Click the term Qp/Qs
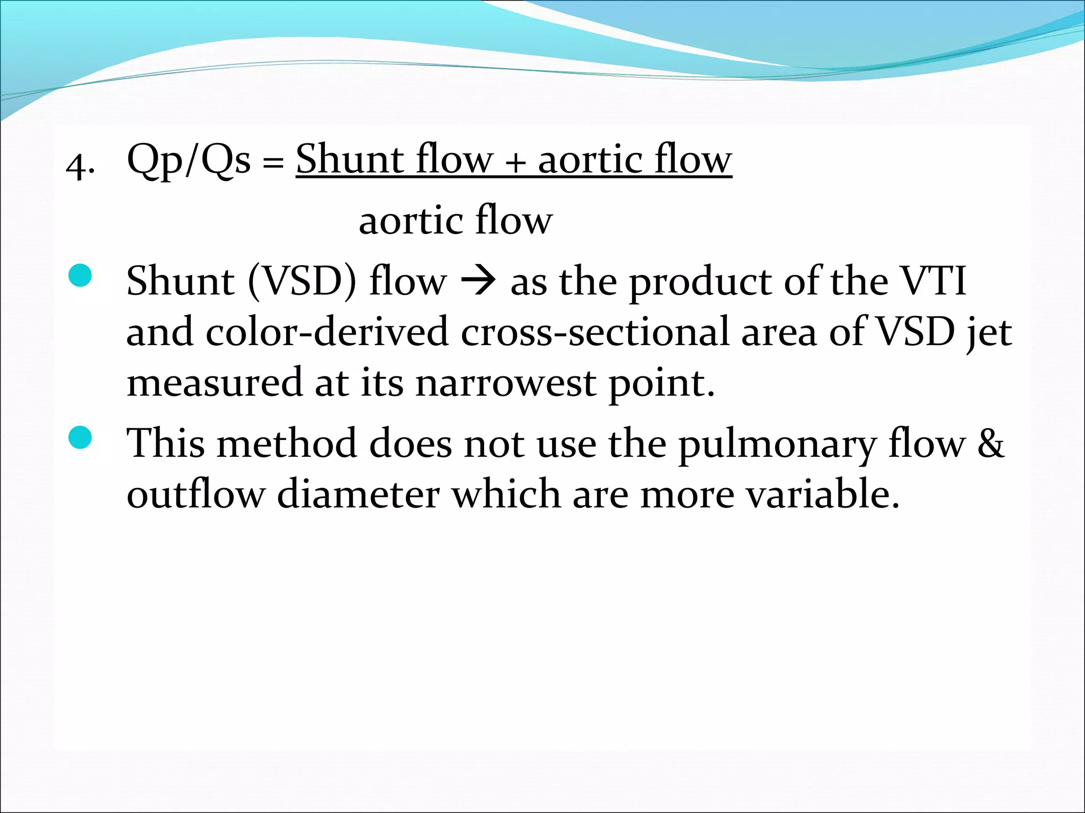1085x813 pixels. point(189,160)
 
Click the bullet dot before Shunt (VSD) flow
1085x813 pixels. point(81,276)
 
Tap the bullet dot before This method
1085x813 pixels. point(81,438)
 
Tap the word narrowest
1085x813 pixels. point(505,383)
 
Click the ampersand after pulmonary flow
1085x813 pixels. point(990,444)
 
